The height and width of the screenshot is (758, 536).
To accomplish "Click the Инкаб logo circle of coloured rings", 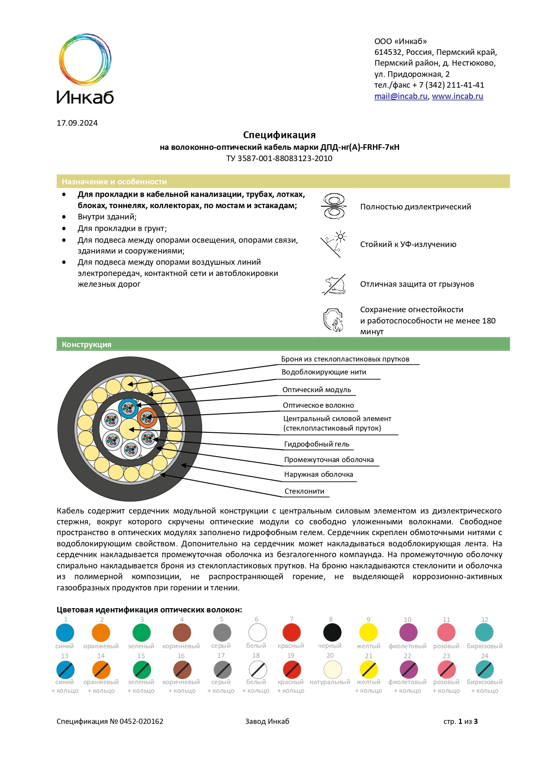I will coord(85,60).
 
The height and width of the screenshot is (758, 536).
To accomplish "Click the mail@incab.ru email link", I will coord(400,96).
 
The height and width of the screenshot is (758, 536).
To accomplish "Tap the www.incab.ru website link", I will coord(457,96).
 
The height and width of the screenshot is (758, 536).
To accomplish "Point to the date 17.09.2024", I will coord(77,123).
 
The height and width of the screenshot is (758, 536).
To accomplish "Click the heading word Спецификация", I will coord(279,135).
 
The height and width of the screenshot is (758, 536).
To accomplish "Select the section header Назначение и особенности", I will coord(114,182).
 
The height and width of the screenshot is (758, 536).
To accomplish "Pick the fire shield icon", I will coord(333,320).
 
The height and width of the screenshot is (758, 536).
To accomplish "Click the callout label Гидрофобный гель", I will coord(317,444).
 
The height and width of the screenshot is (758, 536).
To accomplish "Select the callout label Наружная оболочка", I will coord(318,474).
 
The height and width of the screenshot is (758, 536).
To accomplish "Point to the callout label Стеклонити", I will coord(304,491).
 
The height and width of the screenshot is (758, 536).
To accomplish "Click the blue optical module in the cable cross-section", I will coord(128,408).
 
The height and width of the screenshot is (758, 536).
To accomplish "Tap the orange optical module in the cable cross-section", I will coord(147,418).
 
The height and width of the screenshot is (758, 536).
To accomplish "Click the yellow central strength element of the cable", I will coord(128,429).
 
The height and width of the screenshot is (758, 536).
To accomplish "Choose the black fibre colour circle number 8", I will coord(332,633).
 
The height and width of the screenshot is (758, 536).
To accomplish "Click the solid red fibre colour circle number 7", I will coord(292,633).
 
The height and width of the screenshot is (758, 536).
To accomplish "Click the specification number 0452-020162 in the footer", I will coord(141,721).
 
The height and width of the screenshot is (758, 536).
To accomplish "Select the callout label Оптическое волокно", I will coord(318,405).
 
